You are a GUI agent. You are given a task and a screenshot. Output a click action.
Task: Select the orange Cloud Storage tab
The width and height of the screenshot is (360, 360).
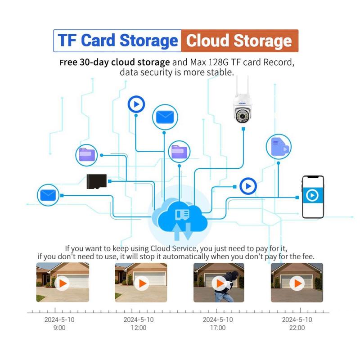coord(239,41)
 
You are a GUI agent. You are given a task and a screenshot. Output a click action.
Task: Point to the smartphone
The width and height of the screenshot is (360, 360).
coord(313,197)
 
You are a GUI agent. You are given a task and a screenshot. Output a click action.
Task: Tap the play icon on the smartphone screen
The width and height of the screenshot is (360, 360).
coord(313,195)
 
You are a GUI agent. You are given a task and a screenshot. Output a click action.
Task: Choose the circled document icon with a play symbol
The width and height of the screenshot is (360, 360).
coord(279,146)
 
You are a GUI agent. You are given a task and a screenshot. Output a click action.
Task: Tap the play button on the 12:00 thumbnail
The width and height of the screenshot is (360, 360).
coord(141,283)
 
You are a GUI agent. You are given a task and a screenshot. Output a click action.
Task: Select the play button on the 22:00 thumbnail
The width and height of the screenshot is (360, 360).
coord(296,283)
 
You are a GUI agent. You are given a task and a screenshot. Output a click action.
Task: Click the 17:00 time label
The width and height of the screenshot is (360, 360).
coord(218,328)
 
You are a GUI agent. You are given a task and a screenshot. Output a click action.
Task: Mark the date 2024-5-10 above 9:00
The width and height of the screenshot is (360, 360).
coord(59,319)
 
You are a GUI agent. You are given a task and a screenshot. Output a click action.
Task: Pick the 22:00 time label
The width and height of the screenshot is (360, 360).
coord(297,328)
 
